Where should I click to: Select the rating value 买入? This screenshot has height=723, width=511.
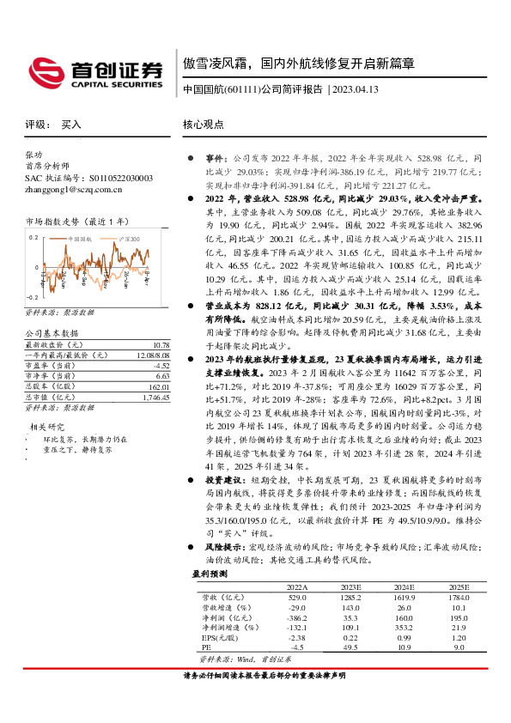(x=71, y=125)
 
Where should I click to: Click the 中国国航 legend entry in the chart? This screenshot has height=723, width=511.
(x=80, y=238)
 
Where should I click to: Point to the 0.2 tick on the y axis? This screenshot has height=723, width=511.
(x=34, y=236)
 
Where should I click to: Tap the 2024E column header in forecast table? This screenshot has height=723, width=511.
(x=403, y=586)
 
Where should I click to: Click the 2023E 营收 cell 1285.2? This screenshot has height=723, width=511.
(x=350, y=596)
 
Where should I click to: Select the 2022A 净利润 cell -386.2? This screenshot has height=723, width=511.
(x=297, y=617)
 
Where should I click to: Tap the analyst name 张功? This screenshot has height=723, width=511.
(x=33, y=155)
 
